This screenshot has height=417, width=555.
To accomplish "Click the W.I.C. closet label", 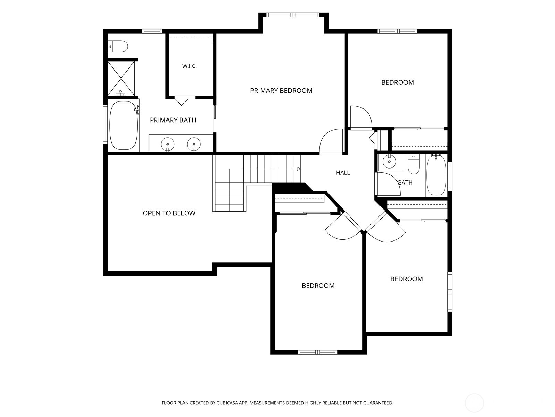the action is pos(189,66).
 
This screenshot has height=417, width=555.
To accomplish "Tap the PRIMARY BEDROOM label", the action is pos(281,91).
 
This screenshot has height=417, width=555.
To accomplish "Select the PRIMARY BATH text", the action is pos(173,120).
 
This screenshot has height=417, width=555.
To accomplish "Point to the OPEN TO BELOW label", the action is pos(169,213).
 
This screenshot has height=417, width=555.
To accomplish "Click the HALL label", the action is pos(343,173).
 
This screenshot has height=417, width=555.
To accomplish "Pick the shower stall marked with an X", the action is pos(121,78).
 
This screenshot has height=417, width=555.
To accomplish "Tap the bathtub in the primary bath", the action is pos(123,125).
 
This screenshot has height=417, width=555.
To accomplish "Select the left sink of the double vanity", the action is pos(168,144).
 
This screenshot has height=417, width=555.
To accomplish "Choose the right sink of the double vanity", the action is pos(194,144).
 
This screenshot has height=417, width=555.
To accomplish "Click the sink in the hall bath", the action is pos(389,161).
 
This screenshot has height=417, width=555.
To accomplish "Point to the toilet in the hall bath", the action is pos(414,164).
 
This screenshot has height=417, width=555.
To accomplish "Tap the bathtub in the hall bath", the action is pos(436,175).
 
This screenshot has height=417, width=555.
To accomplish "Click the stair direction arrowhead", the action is pos(299,169).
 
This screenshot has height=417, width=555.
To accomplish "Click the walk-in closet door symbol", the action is pos(181,101).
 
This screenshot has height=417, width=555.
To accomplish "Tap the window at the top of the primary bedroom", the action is pos(293,15).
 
